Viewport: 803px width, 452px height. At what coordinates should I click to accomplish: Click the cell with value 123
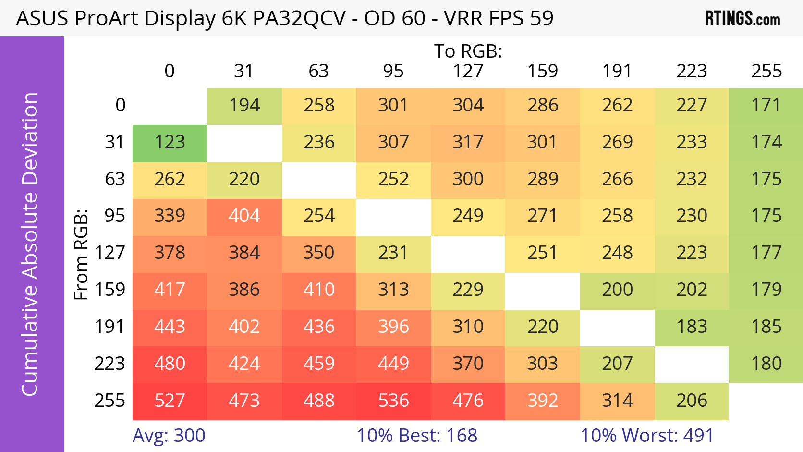[170, 143]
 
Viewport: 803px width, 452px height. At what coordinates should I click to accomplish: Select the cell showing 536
[393, 401]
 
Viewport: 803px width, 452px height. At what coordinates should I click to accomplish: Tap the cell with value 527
[170, 401]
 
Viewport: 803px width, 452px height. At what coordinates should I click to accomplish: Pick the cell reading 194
[244, 106]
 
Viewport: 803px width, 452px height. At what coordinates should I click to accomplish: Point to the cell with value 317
[468, 143]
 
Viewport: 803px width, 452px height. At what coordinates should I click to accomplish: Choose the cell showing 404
[244, 216]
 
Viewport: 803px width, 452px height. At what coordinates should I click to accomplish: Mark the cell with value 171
[766, 106]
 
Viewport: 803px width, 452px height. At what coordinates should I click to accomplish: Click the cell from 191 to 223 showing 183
[692, 327]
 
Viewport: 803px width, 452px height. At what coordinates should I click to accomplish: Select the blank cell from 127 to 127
[468, 253]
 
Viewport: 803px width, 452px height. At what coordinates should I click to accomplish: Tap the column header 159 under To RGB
[543, 71]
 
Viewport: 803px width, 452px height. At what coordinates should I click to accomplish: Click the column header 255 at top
[766, 71]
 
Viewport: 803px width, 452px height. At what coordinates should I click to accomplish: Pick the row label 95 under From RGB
[115, 216]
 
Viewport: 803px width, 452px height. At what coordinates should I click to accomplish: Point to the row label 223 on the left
[109, 364]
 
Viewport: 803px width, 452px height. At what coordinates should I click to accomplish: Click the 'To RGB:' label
[468, 51]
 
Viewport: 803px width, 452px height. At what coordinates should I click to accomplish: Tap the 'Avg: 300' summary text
[169, 436]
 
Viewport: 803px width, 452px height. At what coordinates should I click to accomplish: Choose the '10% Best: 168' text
[417, 436]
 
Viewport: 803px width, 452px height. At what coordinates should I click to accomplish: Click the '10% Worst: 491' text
[647, 436]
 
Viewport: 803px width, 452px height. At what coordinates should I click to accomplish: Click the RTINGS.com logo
[742, 19]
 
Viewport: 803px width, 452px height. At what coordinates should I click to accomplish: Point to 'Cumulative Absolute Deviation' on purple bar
[30, 244]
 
